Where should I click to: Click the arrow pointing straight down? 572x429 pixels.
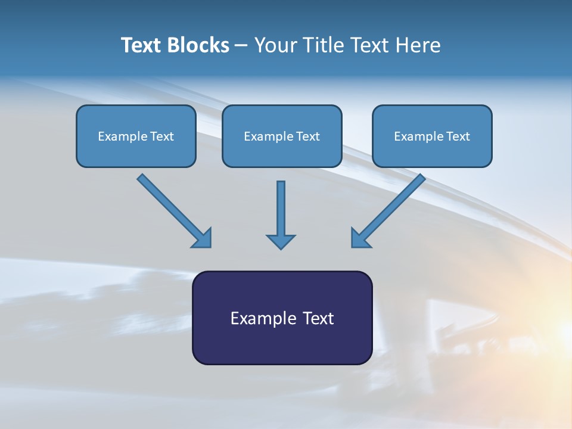pos(281,212)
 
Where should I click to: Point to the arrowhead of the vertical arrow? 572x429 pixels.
pos(281,241)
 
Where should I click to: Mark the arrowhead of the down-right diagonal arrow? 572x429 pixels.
pos(203,238)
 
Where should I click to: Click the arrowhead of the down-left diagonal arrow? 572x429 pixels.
pos(360,238)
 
